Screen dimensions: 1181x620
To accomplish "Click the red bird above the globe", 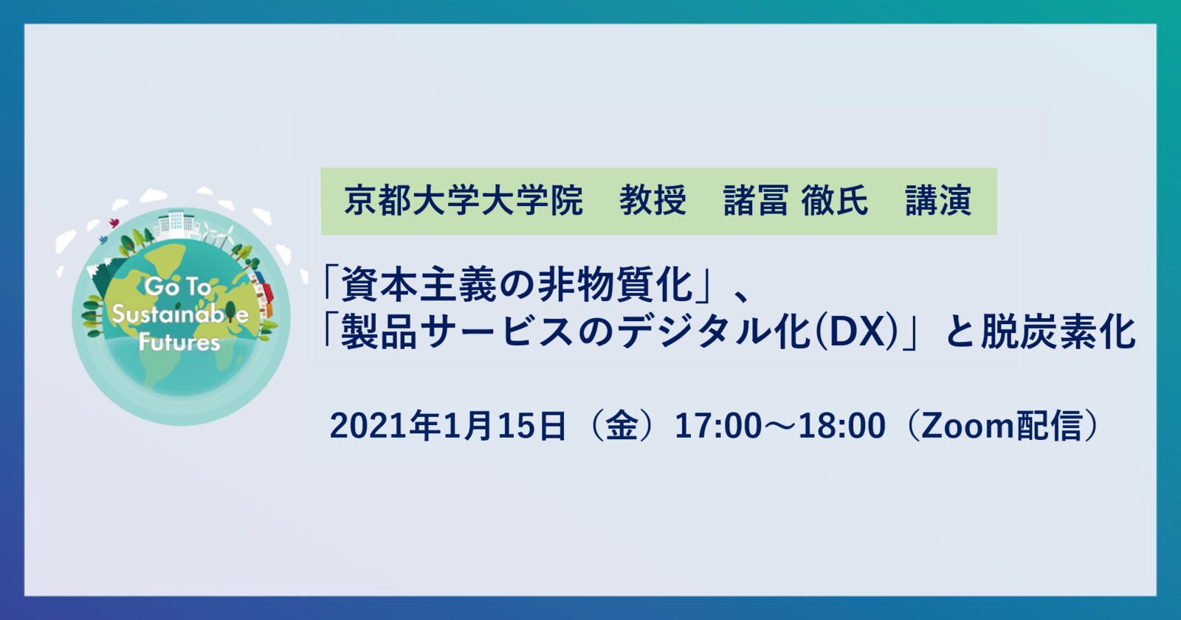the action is (114, 223).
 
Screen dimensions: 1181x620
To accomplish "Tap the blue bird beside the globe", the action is (103, 241).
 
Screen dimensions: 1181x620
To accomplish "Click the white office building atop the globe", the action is (179, 222).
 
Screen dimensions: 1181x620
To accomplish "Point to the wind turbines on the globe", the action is (218, 235).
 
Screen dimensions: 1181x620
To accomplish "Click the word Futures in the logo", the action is (179, 342).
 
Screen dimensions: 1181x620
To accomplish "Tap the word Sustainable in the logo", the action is (180, 314).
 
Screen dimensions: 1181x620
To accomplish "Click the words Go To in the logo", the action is (178, 287).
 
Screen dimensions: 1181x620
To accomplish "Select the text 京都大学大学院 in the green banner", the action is (464, 201).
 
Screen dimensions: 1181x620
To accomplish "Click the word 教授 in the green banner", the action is (653, 201).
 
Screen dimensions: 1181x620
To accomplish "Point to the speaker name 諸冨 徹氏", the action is (795, 201).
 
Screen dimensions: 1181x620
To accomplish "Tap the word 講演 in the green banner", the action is (938, 201).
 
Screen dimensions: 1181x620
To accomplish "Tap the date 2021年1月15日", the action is (448, 425).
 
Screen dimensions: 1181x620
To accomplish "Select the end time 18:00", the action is (842, 426).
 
